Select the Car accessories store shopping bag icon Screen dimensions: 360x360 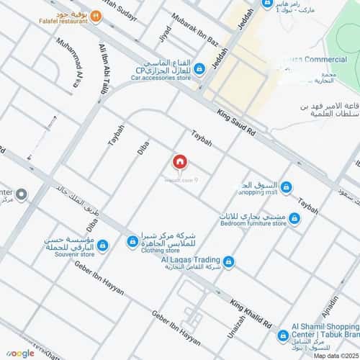[199, 68]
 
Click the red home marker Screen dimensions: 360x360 [181, 162]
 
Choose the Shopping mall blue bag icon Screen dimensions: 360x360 [287, 187]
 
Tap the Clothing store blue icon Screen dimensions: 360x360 [132, 242]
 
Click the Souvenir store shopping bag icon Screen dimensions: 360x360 [102, 246]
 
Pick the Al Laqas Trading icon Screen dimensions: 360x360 [228, 261]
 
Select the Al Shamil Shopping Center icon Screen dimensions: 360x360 [284, 335]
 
